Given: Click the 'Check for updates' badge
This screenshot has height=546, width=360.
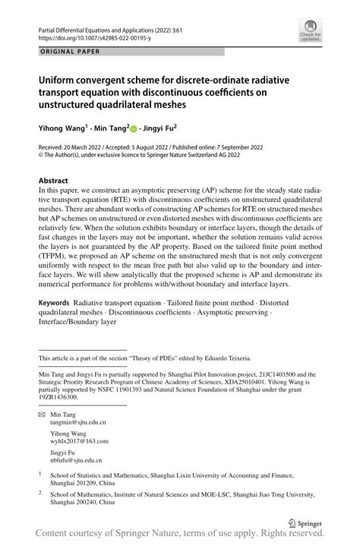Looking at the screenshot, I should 310,31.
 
